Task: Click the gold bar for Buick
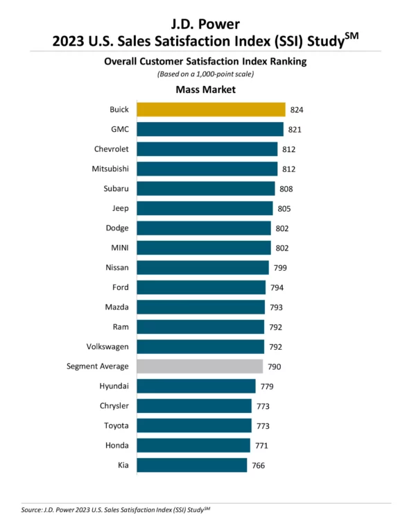[x=211, y=110]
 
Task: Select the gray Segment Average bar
[x=200, y=366]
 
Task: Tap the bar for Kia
[x=191, y=465]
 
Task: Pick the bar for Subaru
[x=205, y=189]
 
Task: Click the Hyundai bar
[x=196, y=386]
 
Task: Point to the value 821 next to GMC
[x=295, y=130]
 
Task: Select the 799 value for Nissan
[x=280, y=268]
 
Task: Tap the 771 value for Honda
[x=261, y=446]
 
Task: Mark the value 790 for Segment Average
[x=274, y=366]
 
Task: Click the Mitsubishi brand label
[x=110, y=169]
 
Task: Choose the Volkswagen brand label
[x=106, y=346]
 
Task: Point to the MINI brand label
[x=119, y=248]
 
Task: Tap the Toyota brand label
[x=115, y=425]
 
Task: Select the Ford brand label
[x=119, y=287]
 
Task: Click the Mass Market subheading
[x=206, y=90]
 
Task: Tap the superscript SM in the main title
[x=352, y=34]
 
